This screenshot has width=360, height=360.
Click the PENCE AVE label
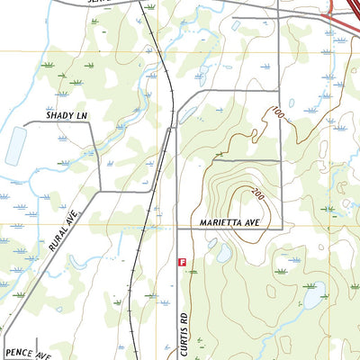pos(28,354)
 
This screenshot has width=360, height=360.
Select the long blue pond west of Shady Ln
pos(15,145)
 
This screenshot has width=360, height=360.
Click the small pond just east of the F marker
pos(222,255)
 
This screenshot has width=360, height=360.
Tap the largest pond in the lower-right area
pos(313,294)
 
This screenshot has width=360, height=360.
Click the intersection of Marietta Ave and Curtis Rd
pos(178,228)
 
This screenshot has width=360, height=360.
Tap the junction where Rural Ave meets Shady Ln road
pos(98,191)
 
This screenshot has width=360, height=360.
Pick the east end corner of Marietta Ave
pos(282,227)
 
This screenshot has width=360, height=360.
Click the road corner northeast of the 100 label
pos(281,91)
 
